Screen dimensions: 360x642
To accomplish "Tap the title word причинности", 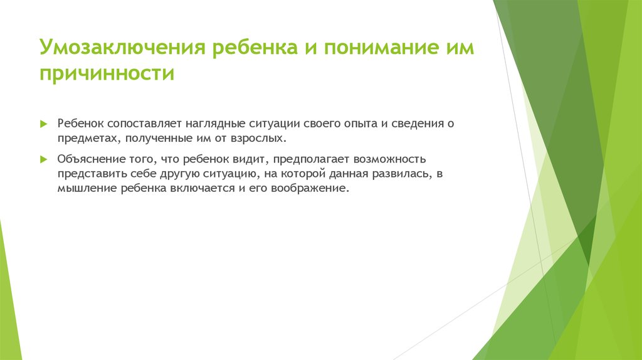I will pos(107,74).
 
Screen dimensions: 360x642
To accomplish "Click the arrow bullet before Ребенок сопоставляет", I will pos(43,124).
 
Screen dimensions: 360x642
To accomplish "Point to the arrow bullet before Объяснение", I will pos(43,159).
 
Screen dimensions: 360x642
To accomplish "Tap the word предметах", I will pos(85,139).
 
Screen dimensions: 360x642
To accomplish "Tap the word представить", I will pos(89,174).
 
